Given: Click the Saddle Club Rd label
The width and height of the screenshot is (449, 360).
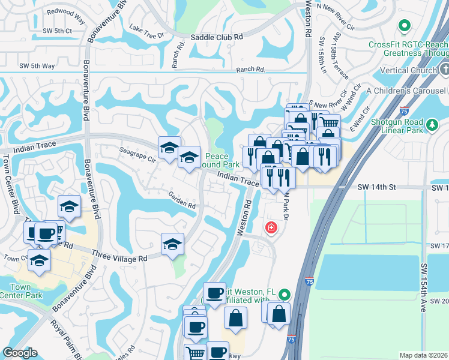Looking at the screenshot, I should pos(217,37).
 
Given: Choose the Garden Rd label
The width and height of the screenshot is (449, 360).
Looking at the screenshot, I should pos(182,200).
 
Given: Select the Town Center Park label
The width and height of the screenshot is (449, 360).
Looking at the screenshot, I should pos(21,291).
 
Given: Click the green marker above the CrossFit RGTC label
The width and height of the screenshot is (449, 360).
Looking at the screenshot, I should pos(405,26).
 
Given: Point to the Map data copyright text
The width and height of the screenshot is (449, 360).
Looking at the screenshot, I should pos(423,355).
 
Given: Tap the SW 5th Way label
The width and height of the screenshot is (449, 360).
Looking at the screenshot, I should pos(37,66).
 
